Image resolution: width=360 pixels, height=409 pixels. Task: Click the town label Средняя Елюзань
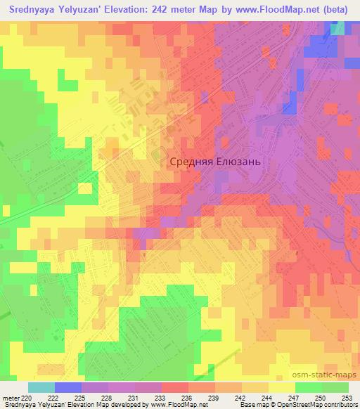(215, 161)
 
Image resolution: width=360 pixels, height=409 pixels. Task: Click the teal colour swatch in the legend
(41, 387)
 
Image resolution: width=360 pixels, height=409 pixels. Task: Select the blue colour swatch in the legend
(67, 387)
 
